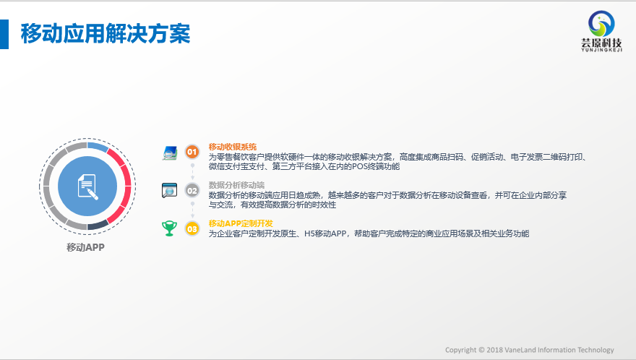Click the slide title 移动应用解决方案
(106, 33)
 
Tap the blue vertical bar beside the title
(4, 35)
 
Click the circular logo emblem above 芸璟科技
(601, 23)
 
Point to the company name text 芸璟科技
(601, 43)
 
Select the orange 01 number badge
(192, 152)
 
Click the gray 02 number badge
(192, 190)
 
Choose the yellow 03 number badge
(192, 229)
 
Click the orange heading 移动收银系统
(233, 147)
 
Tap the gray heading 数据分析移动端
(236, 185)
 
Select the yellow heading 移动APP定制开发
(241, 223)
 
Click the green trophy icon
(169, 228)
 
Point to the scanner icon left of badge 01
(170, 153)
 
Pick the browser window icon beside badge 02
(169, 190)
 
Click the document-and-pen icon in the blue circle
(87, 187)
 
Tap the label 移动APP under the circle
(85, 247)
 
